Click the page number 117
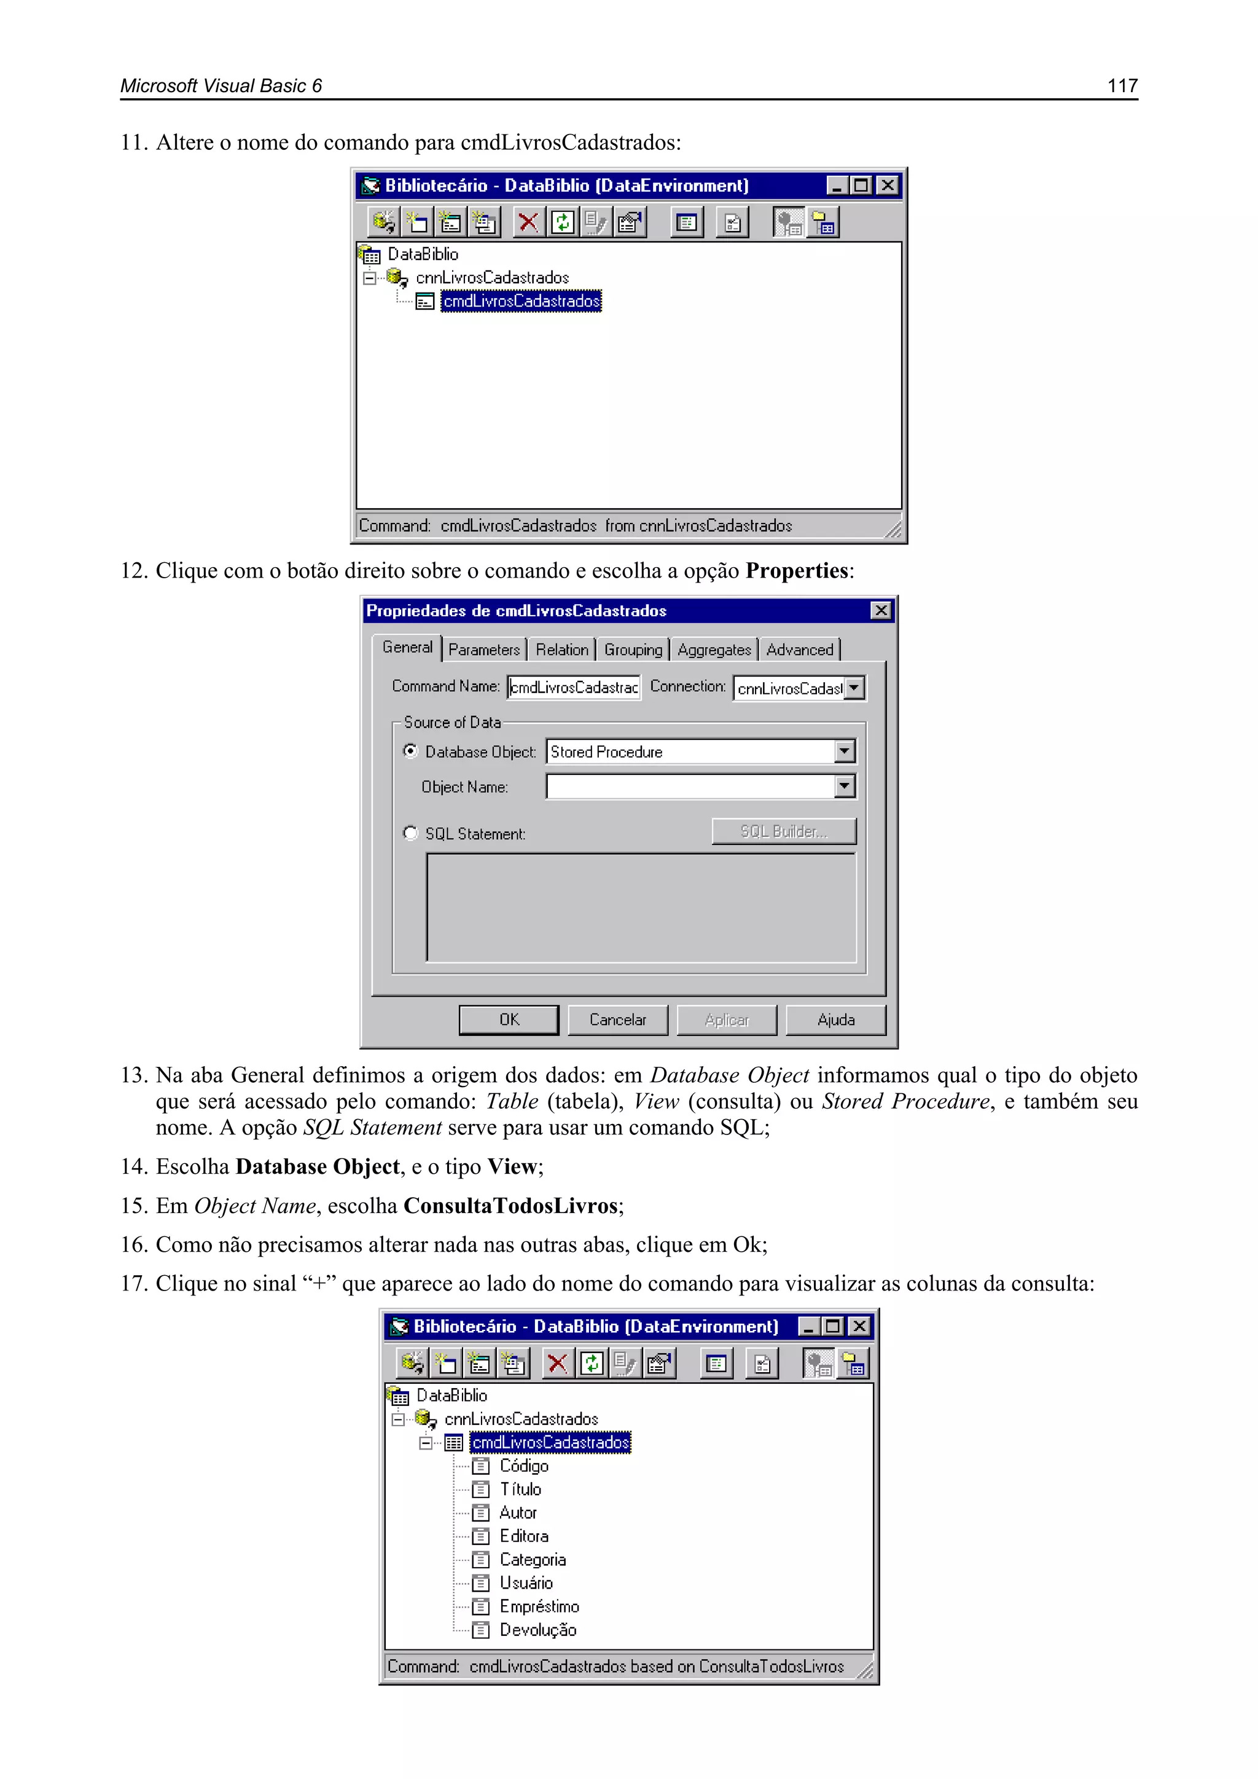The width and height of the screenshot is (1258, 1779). click(1122, 85)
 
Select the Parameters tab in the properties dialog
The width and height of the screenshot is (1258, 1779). click(484, 650)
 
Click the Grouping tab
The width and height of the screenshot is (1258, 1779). click(633, 650)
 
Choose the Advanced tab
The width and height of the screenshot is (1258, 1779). click(799, 650)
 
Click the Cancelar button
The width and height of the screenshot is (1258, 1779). click(617, 1019)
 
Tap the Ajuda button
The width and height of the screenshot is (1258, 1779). click(836, 1019)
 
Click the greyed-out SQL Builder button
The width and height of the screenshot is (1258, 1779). click(784, 831)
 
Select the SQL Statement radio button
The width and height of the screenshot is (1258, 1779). click(410, 833)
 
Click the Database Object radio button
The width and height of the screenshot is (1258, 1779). click(410, 751)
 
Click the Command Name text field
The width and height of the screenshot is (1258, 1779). click(574, 687)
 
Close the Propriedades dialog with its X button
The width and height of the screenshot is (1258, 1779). click(881, 611)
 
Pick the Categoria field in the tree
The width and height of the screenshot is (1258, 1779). click(532, 1559)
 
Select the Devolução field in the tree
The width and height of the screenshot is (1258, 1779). click(537, 1630)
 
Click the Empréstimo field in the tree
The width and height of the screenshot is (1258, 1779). click(539, 1606)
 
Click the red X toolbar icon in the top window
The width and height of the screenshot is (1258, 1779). click(528, 223)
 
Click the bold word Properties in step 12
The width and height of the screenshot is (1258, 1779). click(796, 571)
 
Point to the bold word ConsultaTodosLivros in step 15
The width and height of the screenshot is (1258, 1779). click(510, 1206)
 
